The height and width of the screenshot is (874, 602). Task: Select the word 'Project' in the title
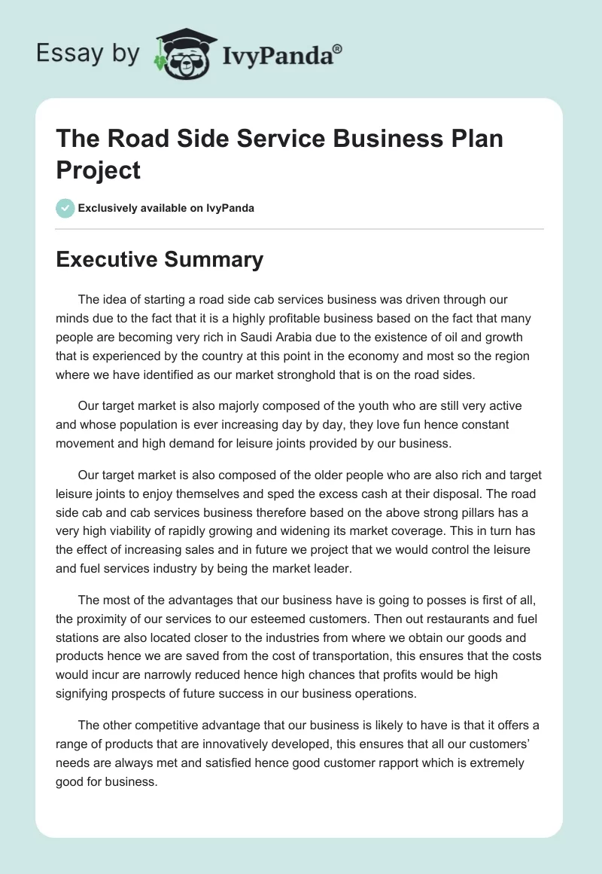coord(98,170)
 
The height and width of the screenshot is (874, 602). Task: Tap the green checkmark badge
coord(65,208)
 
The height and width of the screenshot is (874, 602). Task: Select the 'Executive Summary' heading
coord(160,259)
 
